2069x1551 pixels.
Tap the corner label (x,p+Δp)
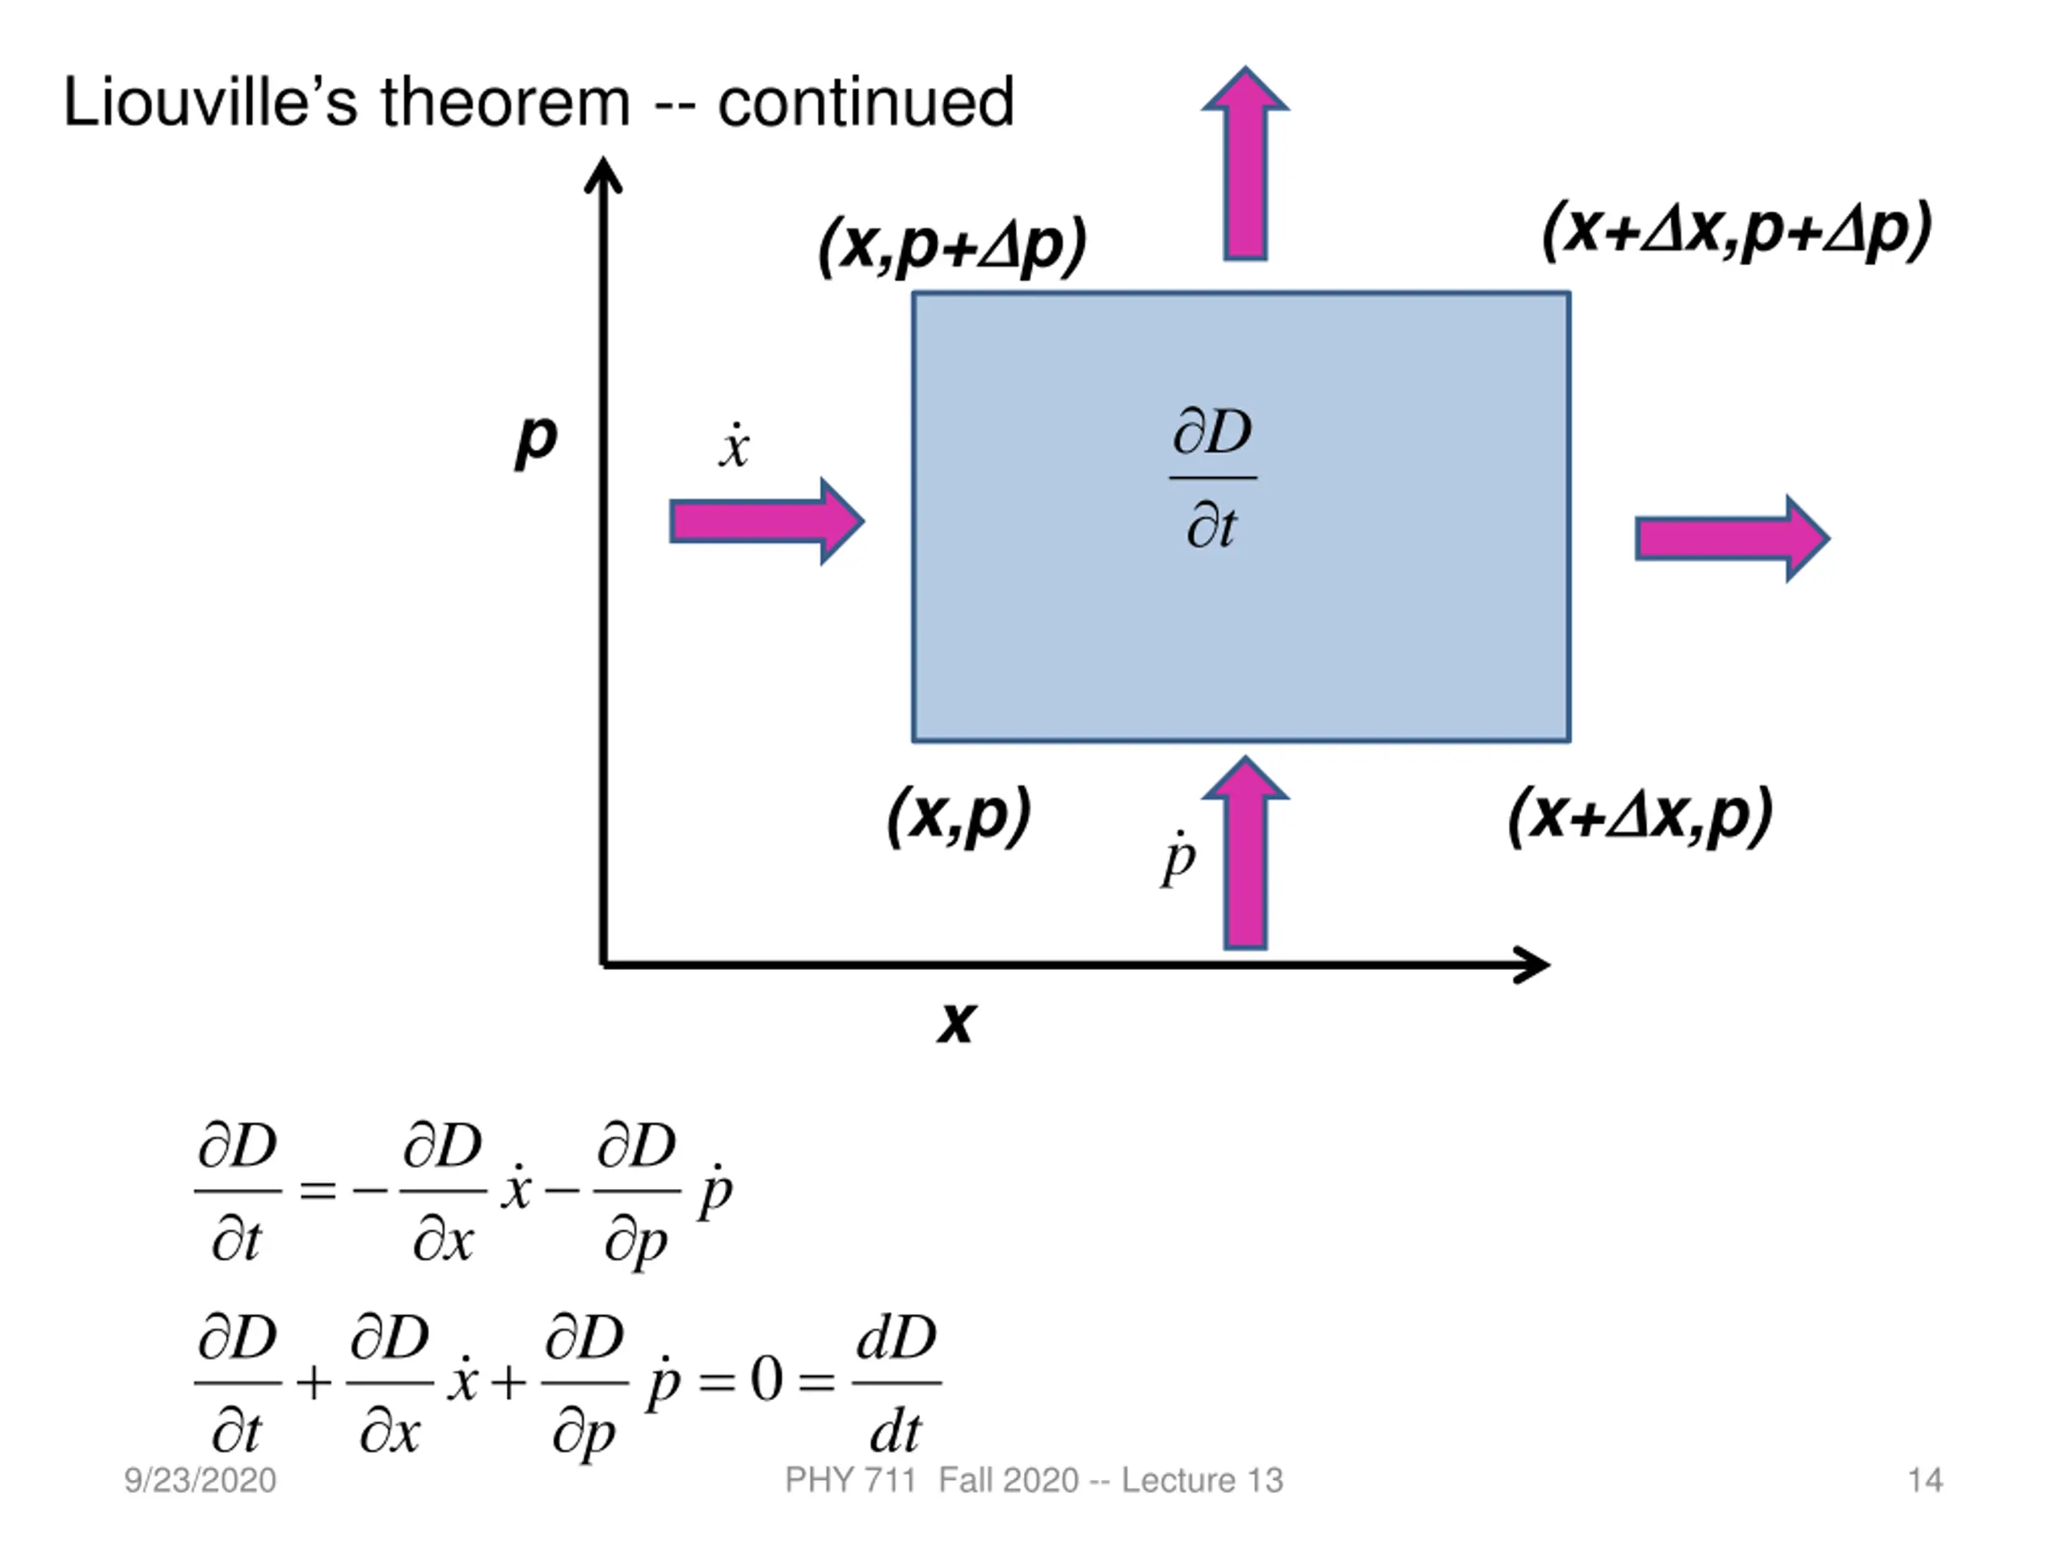(952, 247)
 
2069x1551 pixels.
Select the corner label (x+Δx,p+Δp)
(1737, 229)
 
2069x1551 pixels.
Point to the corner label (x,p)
(959, 816)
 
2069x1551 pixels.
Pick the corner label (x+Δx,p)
(1640, 816)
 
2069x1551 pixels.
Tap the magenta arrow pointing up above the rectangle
(1245, 164)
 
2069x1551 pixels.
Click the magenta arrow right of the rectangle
(1731, 539)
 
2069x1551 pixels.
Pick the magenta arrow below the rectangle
(1245, 852)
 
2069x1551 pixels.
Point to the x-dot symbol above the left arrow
(734, 447)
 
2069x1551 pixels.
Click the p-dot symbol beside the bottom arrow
(1178, 857)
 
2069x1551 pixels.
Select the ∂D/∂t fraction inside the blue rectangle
(1212, 479)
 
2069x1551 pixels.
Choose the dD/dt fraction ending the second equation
(896, 1382)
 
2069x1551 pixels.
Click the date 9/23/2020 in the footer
(200, 1481)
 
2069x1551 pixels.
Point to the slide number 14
(1925, 1481)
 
